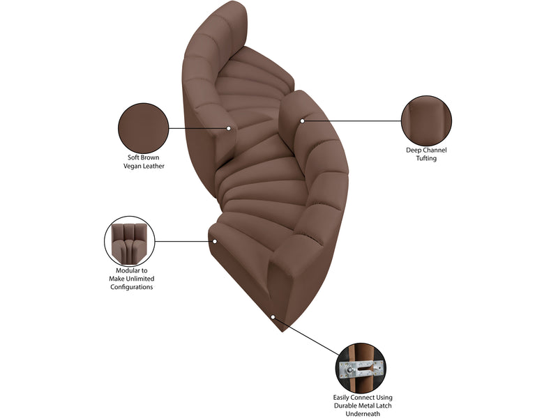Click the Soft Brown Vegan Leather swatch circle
[x=144, y=128]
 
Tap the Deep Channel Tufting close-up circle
[x=426, y=121]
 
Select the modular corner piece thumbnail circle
[x=130, y=241]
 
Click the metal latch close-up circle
[x=361, y=369]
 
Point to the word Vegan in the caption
[x=133, y=166]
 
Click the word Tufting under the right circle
[x=426, y=158]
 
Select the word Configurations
[x=132, y=287]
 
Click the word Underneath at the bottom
[x=363, y=413]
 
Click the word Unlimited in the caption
[x=140, y=279]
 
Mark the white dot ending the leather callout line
[x=229, y=128]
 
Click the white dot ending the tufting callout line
[x=302, y=121]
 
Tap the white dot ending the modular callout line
[x=215, y=241]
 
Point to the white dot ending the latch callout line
[x=273, y=317]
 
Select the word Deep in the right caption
[x=414, y=150]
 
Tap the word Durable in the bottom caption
[x=345, y=405]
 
